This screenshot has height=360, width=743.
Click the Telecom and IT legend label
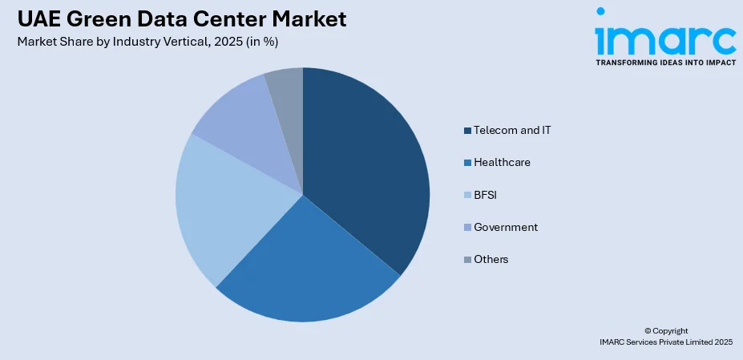512,130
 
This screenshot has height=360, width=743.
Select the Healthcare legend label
502,162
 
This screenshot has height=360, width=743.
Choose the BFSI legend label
487,195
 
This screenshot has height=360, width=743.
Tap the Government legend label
506,227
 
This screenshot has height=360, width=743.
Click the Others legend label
491,259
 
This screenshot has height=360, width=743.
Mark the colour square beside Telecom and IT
466,130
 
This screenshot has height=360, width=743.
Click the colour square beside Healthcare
466,163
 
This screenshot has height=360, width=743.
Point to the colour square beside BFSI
466,195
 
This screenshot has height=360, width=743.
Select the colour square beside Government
466,228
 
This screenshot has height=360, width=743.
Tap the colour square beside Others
466,260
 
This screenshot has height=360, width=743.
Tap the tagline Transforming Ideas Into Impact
664,62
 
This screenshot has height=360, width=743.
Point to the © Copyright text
665,330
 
